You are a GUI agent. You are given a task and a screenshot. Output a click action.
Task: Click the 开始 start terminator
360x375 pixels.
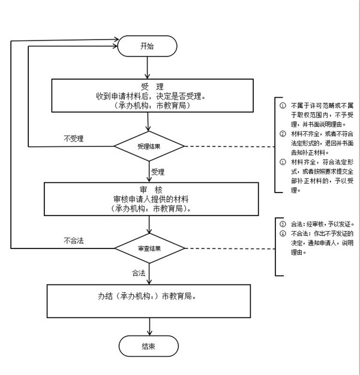(x=148, y=46)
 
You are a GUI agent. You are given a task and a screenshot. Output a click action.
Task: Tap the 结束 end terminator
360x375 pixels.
(x=148, y=346)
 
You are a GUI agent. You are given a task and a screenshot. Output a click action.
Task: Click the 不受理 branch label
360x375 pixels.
(x=73, y=139)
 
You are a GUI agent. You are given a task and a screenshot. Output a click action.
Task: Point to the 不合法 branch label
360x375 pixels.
(x=73, y=240)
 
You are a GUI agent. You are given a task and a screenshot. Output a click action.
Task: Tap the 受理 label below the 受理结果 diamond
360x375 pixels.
(x=158, y=172)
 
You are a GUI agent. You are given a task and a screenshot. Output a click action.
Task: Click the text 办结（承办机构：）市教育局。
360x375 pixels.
(x=148, y=296)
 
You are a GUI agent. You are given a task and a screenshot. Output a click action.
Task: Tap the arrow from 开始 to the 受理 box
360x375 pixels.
(x=148, y=67)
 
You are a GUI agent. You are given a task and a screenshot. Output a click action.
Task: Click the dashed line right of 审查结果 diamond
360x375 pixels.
(x=228, y=247)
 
